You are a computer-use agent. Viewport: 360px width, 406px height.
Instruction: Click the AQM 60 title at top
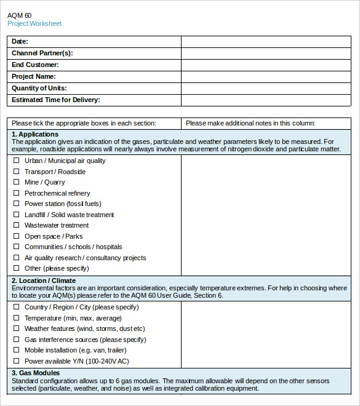coord(20,14)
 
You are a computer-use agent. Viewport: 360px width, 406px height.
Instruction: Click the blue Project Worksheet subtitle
coord(34,24)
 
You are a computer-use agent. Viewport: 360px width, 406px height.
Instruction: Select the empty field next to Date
coord(266,41)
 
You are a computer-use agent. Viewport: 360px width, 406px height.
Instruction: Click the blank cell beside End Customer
coord(266,65)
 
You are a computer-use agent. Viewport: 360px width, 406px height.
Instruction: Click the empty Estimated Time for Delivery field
coord(266,100)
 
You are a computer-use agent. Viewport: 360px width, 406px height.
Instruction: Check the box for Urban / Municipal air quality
coord(16,161)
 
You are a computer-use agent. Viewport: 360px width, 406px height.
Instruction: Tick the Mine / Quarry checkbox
coord(16,182)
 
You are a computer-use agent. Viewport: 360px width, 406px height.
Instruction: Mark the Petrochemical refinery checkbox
coord(16,193)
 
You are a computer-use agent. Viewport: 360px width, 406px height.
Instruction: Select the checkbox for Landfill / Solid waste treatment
coord(16,215)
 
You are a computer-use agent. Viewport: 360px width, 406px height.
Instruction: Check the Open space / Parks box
coord(16,236)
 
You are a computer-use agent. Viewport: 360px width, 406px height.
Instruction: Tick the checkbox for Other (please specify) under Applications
coord(16,268)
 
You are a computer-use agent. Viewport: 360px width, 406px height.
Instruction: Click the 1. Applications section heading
coord(35,134)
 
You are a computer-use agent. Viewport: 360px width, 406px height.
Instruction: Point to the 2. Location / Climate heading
coord(44,281)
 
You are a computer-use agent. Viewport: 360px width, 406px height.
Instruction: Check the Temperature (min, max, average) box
coord(16,318)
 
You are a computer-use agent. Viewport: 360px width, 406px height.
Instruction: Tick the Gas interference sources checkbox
coord(16,340)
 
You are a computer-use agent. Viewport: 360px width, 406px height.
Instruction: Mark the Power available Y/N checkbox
coord(16,361)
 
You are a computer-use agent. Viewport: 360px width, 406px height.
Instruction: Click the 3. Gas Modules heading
coord(36,373)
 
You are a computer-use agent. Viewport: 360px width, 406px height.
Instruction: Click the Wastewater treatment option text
coord(57,225)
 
